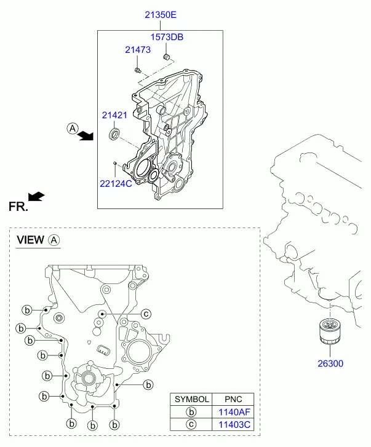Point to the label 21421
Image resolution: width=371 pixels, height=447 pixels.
point(114,115)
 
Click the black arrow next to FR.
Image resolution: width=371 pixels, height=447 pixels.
point(38,196)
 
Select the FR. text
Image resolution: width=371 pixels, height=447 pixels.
point(18,208)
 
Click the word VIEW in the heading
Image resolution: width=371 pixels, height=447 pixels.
point(30,240)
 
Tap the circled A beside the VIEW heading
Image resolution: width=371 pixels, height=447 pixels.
point(54,240)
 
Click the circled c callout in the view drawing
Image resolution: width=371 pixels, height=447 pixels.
point(146,314)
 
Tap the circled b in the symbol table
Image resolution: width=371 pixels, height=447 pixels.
point(191,412)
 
